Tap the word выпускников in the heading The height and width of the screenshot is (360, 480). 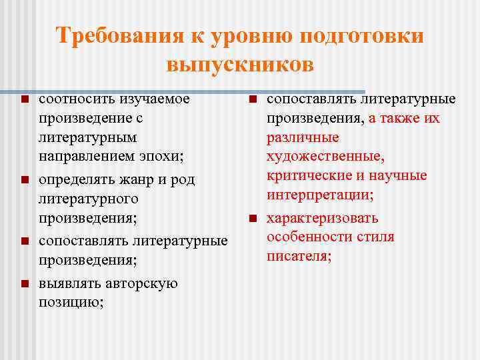[240, 65]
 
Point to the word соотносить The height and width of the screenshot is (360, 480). [77, 99]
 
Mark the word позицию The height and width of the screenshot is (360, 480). [71, 303]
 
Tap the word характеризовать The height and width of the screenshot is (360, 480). [323, 218]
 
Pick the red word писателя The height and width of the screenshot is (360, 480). [299, 257]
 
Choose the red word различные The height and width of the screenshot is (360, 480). [303, 138]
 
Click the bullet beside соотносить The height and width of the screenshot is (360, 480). [24, 100]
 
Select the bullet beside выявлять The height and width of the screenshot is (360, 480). [24, 284]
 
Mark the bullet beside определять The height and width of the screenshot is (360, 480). [24, 180]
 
